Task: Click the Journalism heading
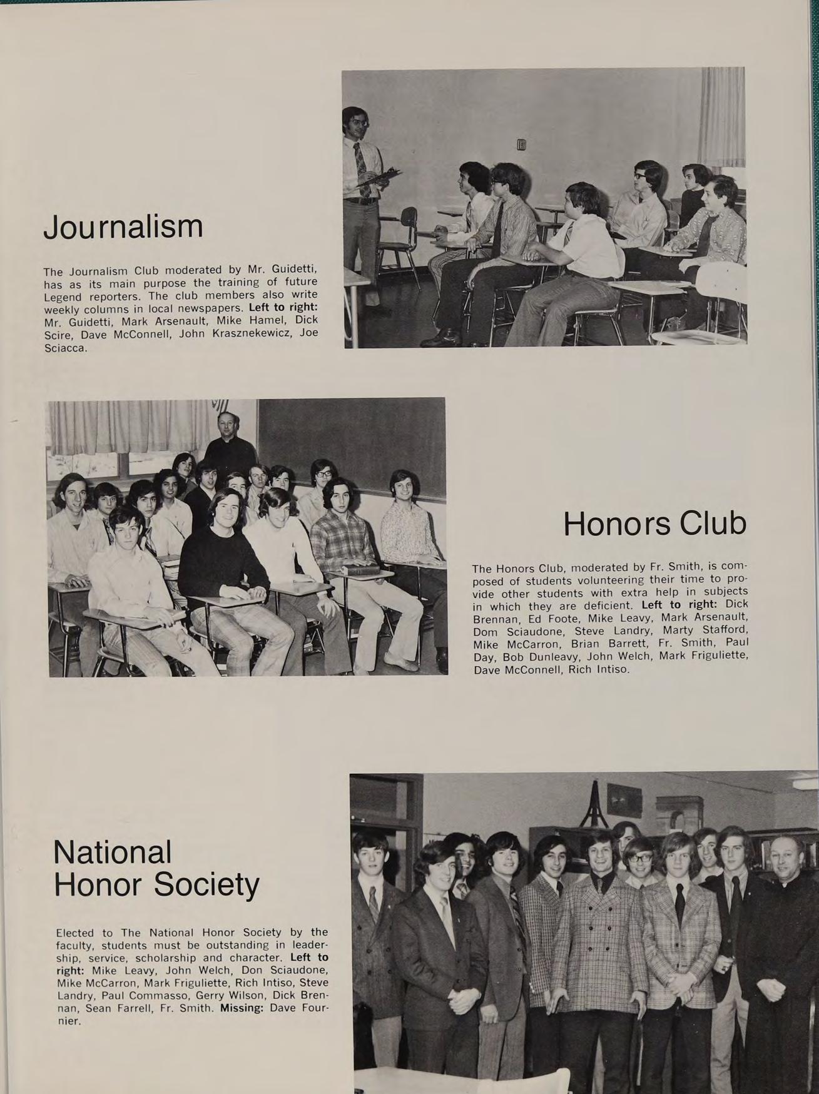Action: click(123, 226)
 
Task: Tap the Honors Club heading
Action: click(654, 524)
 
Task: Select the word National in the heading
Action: click(113, 852)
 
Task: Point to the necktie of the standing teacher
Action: click(361, 164)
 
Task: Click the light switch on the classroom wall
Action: click(521, 145)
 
